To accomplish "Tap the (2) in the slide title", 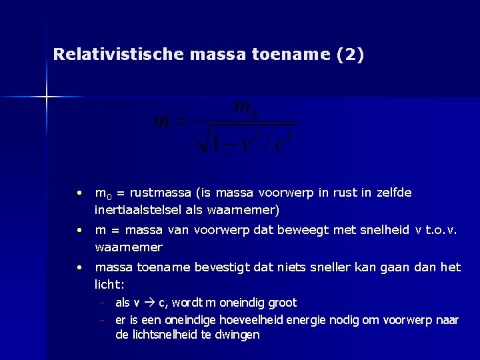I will (351, 55).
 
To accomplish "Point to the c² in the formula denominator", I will (283, 141).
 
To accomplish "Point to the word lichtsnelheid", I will (163, 335).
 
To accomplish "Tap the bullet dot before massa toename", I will (79, 267).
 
